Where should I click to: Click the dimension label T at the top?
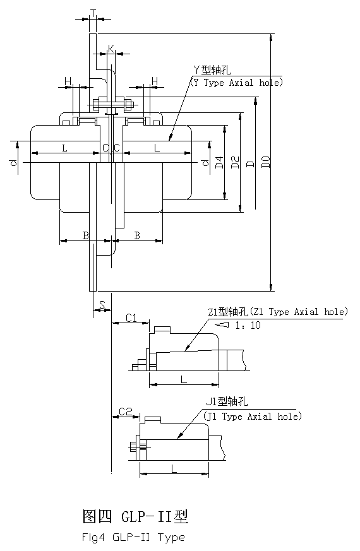coord(93,13)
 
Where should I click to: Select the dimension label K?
coord(111,49)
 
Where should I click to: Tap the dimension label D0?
coord(267,162)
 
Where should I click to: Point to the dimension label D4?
coord(219,162)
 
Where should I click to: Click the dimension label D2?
coord(235,162)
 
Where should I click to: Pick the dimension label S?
coord(102,305)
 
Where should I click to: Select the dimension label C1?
coord(131,318)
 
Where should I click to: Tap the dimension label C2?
coord(126,411)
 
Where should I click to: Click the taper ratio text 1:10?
coord(248,325)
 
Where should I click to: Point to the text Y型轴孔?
coord(212,70)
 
